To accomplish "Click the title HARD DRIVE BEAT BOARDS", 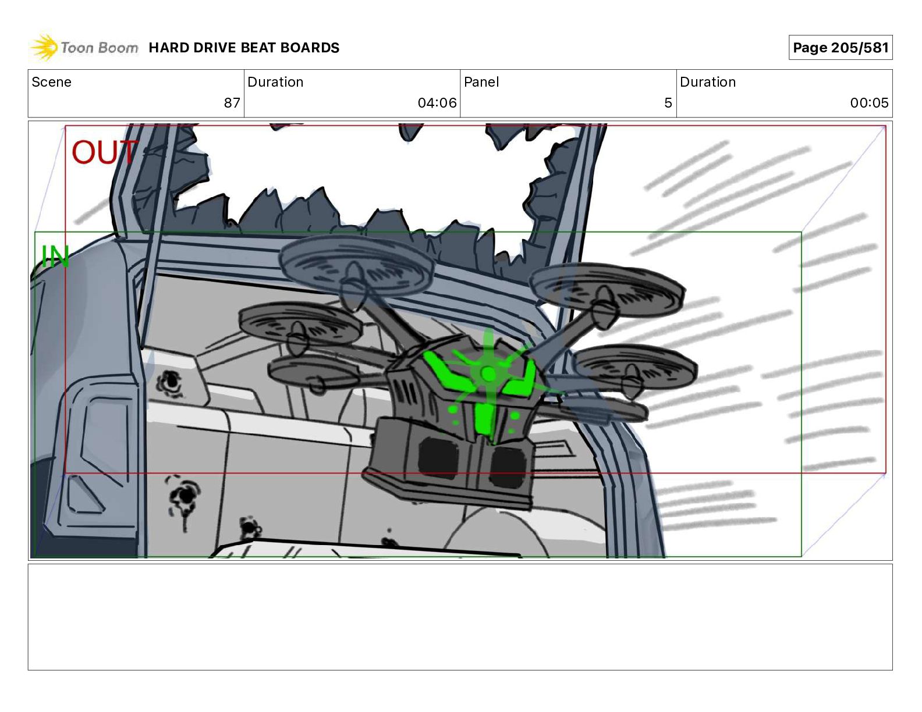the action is point(244,48).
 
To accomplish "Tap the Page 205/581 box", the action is point(841,48).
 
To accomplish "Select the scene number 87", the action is point(232,102).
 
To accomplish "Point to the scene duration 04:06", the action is point(437,102).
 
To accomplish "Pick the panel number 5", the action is point(668,102).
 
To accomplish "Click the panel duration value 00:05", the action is point(870,102).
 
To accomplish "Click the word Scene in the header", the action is point(51,82).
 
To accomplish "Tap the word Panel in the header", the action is point(481,82).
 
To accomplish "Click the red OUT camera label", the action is point(104,152).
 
